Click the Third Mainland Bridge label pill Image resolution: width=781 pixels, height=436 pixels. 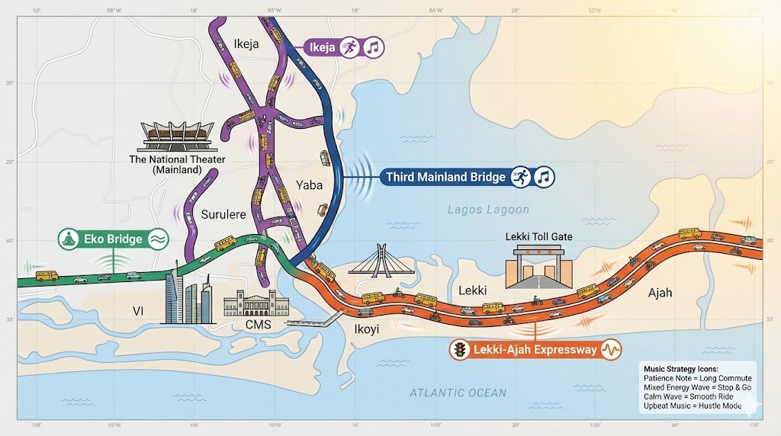(x=445, y=177)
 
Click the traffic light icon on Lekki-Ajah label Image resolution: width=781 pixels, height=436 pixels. (x=460, y=350)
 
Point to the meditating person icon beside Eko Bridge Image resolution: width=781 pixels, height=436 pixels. (x=69, y=239)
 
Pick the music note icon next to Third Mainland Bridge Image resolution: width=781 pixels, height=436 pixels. (x=543, y=177)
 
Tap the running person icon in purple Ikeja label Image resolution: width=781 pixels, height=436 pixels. (x=349, y=47)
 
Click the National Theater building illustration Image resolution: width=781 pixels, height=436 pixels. (x=176, y=134)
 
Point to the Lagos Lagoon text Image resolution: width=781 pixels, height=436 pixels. (x=488, y=210)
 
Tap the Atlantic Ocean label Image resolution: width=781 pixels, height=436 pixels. (x=458, y=393)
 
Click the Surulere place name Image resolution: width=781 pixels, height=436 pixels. (x=223, y=215)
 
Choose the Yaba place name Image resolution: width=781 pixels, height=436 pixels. (x=309, y=185)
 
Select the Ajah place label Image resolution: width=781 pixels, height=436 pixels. (x=660, y=293)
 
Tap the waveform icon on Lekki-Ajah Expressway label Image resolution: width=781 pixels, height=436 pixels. (x=611, y=350)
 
